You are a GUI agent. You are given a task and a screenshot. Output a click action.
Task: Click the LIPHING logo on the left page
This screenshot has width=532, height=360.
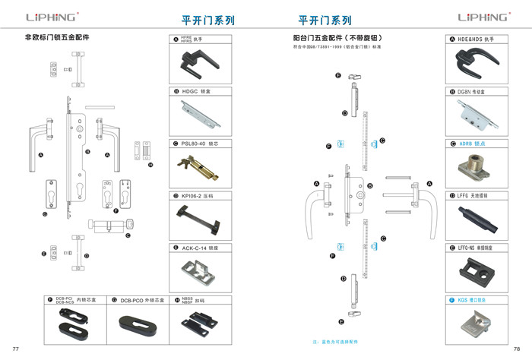[52, 17]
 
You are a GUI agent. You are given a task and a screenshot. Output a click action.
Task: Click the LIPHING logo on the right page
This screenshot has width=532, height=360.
[484, 17]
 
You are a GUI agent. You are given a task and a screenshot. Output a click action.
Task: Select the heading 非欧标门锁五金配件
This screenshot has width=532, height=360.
[58, 37]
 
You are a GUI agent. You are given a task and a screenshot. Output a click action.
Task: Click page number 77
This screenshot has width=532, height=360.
[15, 348]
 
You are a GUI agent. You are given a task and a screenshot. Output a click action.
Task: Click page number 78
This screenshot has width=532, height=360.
[517, 348]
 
